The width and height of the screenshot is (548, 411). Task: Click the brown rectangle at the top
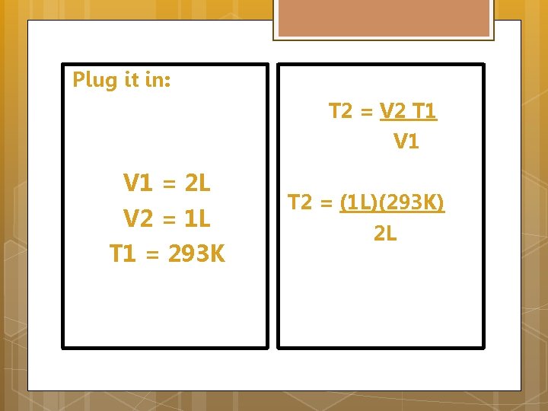pyautogui.click(x=383, y=19)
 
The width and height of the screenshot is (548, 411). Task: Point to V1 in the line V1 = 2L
pyautogui.click(x=137, y=183)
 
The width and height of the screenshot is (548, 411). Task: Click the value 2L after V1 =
pyautogui.click(x=197, y=183)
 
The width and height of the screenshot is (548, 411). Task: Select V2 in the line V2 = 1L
pyautogui.click(x=138, y=218)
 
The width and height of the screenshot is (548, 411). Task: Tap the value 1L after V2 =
pyautogui.click(x=197, y=218)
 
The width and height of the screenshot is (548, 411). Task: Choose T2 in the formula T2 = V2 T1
pyautogui.click(x=340, y=112)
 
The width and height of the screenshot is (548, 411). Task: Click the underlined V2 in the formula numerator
pyautogui.click(x=392, y=112)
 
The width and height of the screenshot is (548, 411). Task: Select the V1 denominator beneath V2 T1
pyautogui.click(x=406, y=142)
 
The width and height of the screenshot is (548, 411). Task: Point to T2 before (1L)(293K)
pyautogui.click(x=300, y=203)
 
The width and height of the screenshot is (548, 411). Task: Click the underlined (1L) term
pyautogui.click(x=357, y=203)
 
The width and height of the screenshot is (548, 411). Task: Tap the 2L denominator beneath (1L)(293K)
pyautogui.click(x=385, y=234)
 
